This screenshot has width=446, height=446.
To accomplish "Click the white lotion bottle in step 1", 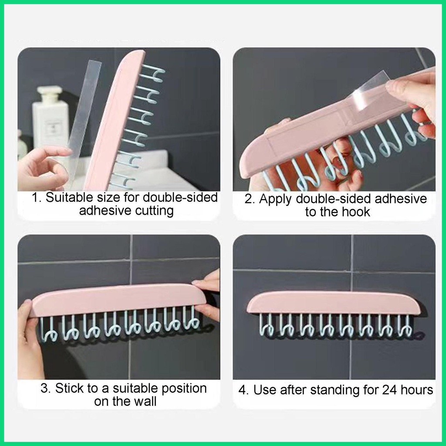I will pos(50,118).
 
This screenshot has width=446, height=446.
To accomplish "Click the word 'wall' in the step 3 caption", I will pos(144,401).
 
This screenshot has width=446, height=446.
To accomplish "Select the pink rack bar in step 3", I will pos(118,300).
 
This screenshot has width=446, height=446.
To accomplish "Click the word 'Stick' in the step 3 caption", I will pos(70,388).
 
